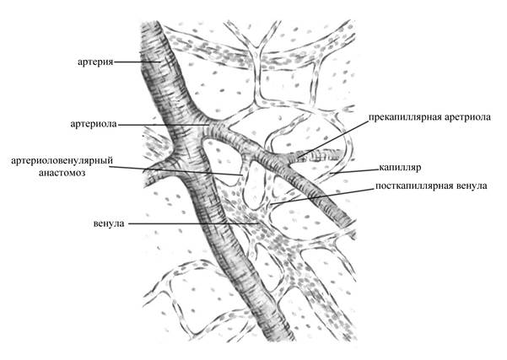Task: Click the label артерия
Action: point(95,62)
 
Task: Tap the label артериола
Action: point(94,124)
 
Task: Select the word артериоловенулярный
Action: point(62,161)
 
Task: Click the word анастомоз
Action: point(62,173)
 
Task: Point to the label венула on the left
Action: point(109,223)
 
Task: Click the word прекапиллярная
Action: point(404,118)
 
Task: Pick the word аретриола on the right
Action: point(467,117)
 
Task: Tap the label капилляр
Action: point(400,168)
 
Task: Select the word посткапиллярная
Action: point(413,186)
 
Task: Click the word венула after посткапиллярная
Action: point(471,186)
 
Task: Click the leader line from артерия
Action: point(138,62)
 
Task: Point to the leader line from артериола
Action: point(164,125)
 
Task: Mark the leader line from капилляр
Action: point(354,171)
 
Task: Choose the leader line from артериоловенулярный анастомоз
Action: point(175,170)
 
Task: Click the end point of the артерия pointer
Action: point(160,62)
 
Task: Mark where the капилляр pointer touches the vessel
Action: point(331,174)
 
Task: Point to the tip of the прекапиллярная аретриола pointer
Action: point(298,158)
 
